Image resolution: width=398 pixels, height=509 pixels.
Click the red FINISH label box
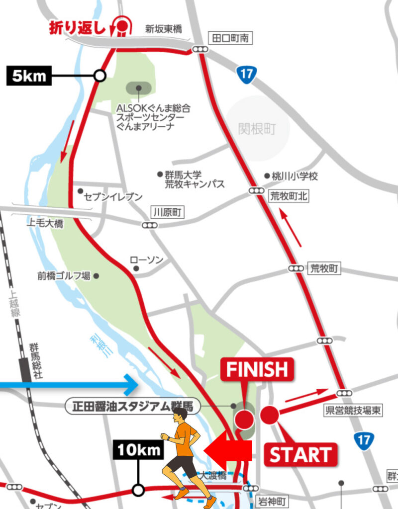coord(257,369)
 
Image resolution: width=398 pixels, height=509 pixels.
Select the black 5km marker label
coord(29,76)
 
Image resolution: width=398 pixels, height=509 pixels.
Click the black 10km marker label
coord(139,451)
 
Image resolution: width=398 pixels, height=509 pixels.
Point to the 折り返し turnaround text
coord(77,28)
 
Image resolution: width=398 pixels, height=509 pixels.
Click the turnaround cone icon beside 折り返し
coord(121,25)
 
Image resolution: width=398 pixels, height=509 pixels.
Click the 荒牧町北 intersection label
coord(289,197)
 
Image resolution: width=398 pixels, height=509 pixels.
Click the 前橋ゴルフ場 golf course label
coord(64,275)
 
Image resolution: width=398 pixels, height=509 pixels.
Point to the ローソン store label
coord(146,260)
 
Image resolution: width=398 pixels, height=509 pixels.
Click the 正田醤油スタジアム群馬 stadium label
coord(132,407)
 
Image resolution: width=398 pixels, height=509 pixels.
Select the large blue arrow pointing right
coord(70,384)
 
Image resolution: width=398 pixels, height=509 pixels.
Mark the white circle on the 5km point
coord(100,76)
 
